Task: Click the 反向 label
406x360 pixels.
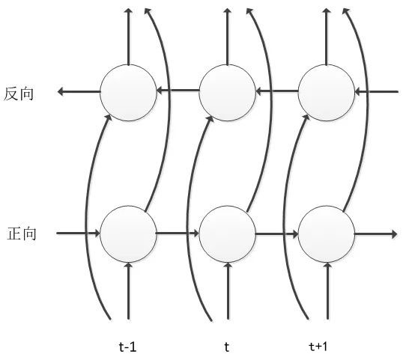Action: tap(19, 94)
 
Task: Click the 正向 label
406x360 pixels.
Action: tap(21, 234)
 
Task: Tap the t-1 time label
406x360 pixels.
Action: tap(127, 347)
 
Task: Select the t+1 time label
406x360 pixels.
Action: tap(318, 346)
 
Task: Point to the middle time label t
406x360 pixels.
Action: tap(227, 347)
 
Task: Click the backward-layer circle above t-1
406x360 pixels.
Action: tap(128, 93)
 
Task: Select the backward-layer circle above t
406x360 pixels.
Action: tap(227, 93)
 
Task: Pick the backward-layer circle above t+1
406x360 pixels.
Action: tap(327, 93)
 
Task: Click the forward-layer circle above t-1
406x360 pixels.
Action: tap(128, 234)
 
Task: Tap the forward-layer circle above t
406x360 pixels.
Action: tap(227, 234)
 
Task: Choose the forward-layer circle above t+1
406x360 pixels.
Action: tap(327, 234)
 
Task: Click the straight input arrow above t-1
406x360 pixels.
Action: tap(128, 291)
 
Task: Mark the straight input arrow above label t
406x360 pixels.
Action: tap(228, 291)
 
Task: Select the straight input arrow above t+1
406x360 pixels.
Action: tap(327, 291)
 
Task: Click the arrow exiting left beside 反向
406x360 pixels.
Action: tap(79, 91)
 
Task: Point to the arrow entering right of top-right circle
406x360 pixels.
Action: tap(376, 91)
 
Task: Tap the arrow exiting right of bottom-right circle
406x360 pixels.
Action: tap(375, 234)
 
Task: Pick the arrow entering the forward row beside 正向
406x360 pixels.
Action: tap(78, 234)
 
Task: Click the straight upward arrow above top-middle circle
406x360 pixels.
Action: tap(227, 36)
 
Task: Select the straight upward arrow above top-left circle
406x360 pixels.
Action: tap(128, 36)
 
